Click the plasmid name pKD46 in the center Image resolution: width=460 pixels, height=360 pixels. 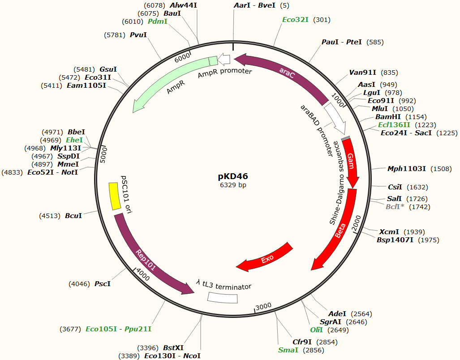click(x=232, y=176)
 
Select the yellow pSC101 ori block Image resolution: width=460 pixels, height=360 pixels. click(x=115, y=196)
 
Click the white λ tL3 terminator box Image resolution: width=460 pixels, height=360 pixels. click(x=223, y=297)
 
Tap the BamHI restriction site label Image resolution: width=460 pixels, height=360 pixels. click(x=388, y=116)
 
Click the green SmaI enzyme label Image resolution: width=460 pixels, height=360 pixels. click(x=288, y=350)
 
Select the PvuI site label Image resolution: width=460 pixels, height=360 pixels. click(x=138, y=34)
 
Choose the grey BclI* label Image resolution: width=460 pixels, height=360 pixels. click(x=395, y=206)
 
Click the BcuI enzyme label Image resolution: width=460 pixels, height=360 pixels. click(x=73, y=216)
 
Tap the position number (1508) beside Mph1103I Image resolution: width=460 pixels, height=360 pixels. click(x=441, y=169)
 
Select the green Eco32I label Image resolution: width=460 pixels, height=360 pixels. click(x=295, y=20)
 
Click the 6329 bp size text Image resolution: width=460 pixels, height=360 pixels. click(x=232, y=184)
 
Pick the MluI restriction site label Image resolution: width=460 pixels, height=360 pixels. click(x=380, y=108)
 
